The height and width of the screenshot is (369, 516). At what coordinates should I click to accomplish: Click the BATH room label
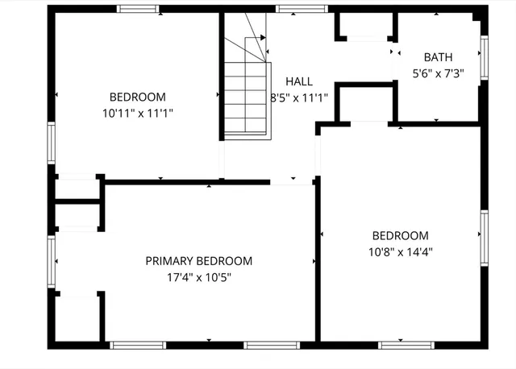tap(438, 57)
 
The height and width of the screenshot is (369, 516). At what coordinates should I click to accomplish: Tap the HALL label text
tap(298, 81)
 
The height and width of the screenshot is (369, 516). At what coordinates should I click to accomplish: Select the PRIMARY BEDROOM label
tap(198, 261)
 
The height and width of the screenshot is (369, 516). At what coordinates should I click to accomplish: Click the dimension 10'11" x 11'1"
tap(138, 114)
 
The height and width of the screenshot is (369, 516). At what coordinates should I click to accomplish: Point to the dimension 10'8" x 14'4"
tap(399, 251)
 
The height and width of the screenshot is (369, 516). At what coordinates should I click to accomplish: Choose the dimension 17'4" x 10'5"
tap(198, 277)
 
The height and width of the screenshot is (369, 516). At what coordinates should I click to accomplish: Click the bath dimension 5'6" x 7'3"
tap(438, 73)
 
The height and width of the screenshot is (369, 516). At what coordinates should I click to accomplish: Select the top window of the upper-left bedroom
tap(141, 9)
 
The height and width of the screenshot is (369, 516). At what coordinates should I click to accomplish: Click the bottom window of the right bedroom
tap(403, 345)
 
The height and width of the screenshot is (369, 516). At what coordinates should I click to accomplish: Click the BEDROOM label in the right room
tap(399, 235)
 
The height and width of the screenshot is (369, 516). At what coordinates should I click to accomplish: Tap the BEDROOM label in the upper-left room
tap(138, 97)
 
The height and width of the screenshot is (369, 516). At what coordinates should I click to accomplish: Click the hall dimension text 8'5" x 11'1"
tap(298, 97)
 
